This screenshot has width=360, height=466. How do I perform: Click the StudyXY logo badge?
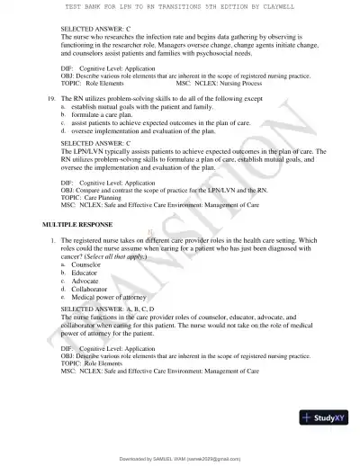pos(326,417)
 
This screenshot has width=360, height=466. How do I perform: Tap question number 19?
pos(51,105)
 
